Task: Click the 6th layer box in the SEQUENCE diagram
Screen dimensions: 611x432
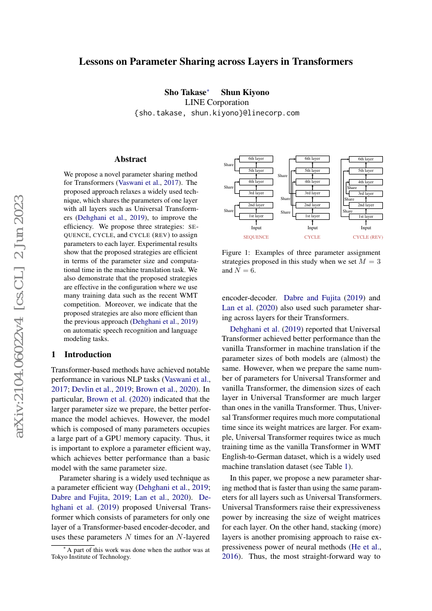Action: [256, 159]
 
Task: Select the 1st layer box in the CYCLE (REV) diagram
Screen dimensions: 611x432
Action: [366, 216]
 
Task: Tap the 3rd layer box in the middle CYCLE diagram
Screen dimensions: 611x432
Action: [312, 193]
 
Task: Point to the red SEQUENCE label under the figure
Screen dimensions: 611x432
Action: [256, 237]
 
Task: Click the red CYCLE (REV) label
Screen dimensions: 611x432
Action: [368, 237]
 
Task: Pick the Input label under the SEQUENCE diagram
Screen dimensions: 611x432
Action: [256, 228]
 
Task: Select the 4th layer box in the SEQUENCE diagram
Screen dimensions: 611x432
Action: [256, 182]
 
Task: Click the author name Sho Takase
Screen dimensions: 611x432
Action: [185, 92]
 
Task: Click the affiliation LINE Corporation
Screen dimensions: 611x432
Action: [216, 102]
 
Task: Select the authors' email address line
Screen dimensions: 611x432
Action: [216, 113]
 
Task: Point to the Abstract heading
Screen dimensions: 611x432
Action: [131, 159]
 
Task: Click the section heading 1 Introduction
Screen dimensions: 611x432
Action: [81, 355]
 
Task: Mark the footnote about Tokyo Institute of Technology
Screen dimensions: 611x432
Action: [130, 553]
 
